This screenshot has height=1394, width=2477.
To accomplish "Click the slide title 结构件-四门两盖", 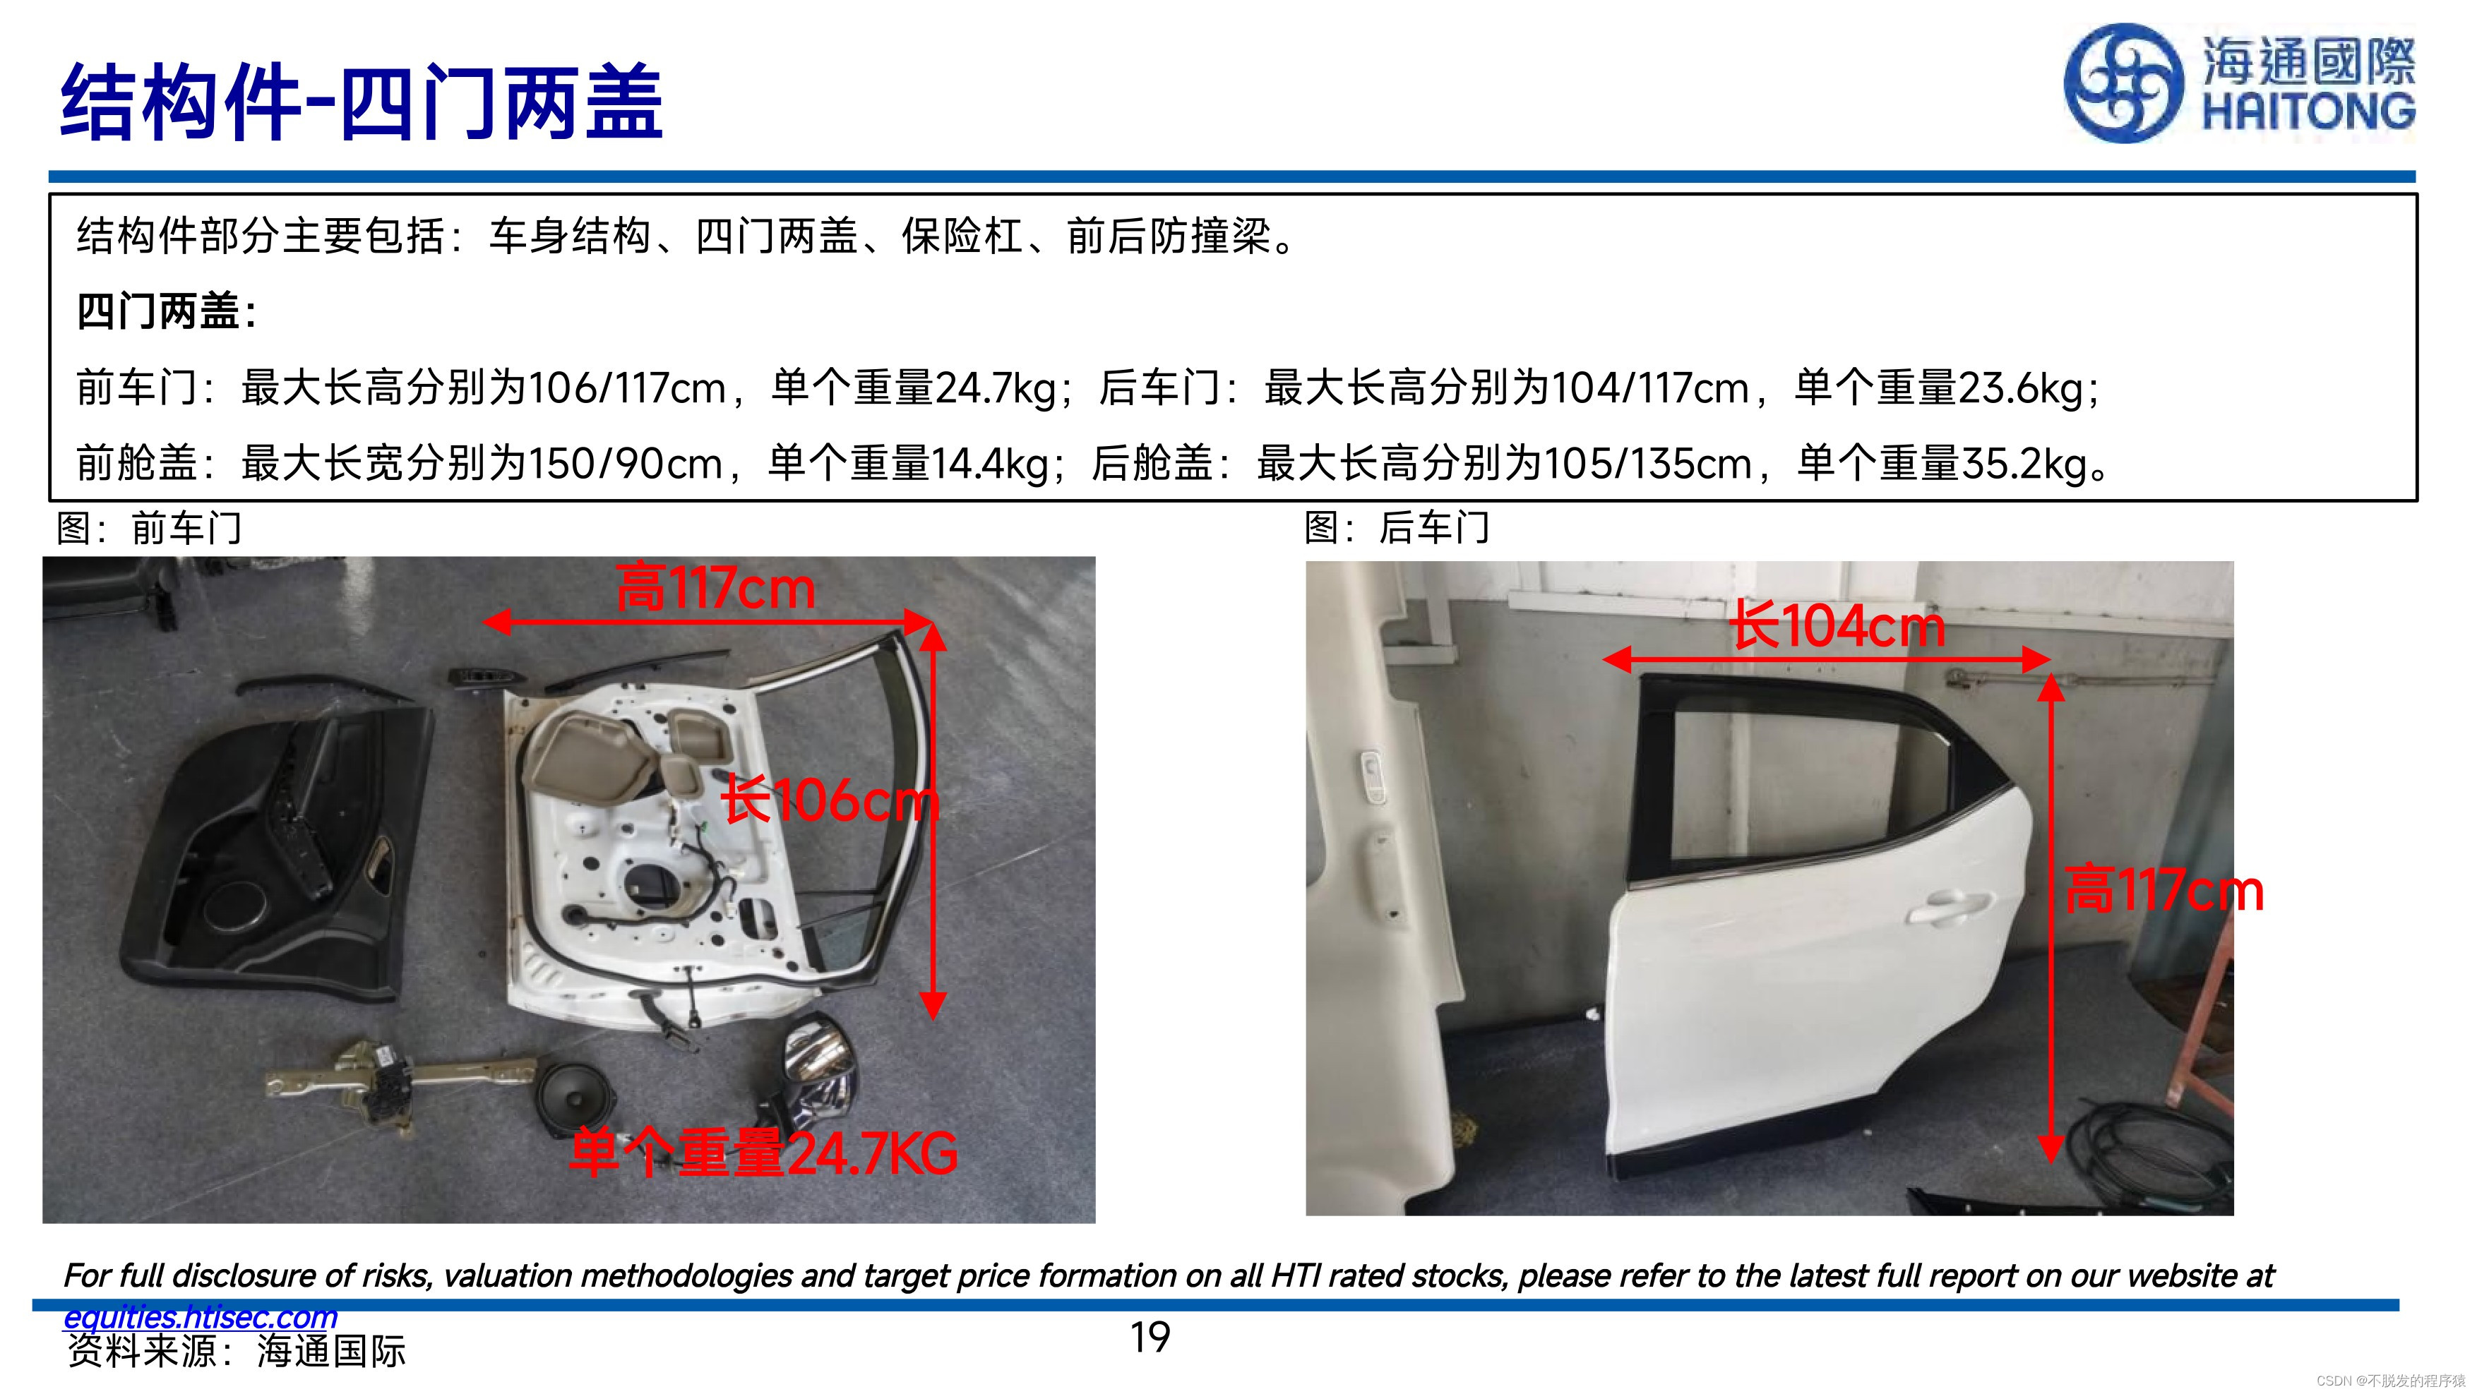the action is click(x=362, y=101).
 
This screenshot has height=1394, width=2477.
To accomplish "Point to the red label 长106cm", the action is click(x=830, y=800).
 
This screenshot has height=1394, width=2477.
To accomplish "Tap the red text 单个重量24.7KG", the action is click(x=763, y=1153).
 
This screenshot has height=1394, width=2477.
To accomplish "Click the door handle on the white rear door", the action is click(x=1947, y=906).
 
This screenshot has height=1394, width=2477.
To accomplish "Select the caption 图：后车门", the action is click(x=1397, y=527).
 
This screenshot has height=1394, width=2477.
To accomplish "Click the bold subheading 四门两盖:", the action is click(x=167, y=311).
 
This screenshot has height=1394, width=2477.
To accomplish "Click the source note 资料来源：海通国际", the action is click(x=237, y=1352).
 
